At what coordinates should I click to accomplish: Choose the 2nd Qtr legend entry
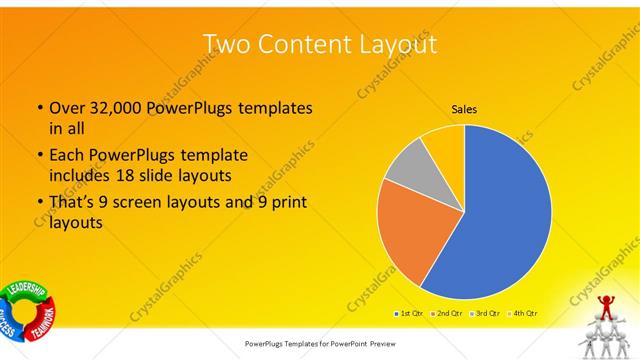(x=446, y=313)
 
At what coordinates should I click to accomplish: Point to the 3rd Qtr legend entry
(x=486, y=313)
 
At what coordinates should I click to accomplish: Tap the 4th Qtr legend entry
(x=525, y=313)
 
